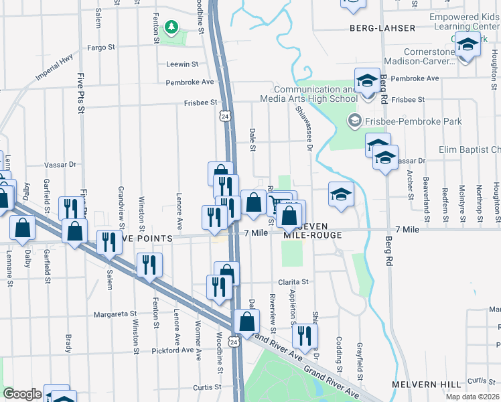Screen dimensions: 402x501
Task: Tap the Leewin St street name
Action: [x=183, y=64]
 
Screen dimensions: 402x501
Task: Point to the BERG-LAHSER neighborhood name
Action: [x=382, y=28]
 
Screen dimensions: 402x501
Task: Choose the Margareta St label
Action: [x=115, y=313]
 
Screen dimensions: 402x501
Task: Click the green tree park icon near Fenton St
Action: [x=173, y=27]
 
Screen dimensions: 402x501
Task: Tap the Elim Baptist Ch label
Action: [x=469, y=149]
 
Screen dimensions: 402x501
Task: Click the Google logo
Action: [x=22, y=394]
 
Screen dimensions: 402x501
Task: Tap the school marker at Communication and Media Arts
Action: [x=366, y=82]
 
